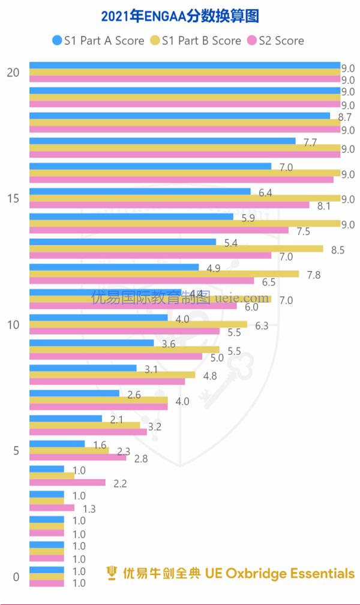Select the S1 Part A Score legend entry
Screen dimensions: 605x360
[98, 41]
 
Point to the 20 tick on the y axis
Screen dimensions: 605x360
[13, 73]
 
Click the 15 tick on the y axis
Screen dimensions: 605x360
[13, 198]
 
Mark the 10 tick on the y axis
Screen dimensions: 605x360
[13, 324]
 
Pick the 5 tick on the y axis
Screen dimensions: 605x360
[16, 450]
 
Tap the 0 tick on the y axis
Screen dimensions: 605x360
[16, 577]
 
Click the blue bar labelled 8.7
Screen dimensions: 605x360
[179, 116]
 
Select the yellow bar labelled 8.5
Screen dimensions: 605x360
[176, 248]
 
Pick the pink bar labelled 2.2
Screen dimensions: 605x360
[67, 482]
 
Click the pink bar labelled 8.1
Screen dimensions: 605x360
[169, 205]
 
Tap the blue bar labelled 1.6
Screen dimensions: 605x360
[57, 444]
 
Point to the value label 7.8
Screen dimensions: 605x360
[314, 275]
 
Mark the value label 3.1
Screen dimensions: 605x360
[151, 369]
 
